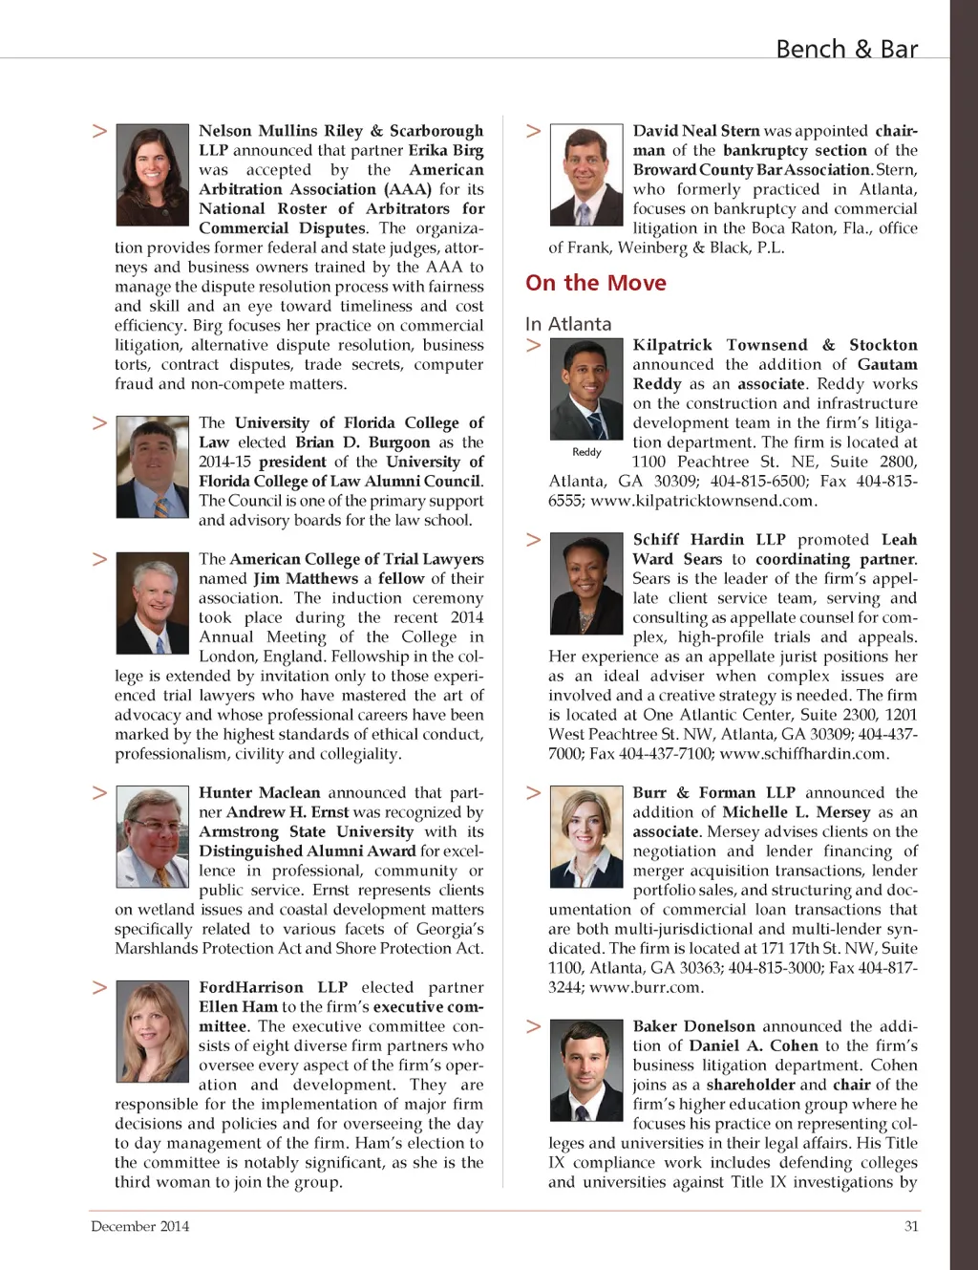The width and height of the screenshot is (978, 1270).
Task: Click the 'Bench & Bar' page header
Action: point(846,49)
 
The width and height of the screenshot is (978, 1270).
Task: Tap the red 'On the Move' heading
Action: point(596,283)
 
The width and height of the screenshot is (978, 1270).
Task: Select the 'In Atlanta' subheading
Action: point(568,324)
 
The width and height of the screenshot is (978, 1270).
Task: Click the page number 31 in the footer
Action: point(911,1226)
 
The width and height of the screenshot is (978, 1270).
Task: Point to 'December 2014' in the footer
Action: point(139,1226)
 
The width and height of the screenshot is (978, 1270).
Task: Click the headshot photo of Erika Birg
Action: point(153,175)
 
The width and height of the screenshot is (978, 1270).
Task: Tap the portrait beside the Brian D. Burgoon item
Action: point(153,466)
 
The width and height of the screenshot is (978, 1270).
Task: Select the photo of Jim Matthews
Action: point(153,603)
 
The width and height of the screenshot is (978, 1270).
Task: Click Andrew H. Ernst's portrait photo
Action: point(153,837)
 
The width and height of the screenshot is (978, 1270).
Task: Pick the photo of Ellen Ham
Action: point(153,1031)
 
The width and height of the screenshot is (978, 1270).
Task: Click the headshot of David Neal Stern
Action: point(587,175)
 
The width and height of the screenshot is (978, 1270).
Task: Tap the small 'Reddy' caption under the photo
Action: point(586,452)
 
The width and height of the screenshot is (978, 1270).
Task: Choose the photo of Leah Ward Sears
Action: point(587,584)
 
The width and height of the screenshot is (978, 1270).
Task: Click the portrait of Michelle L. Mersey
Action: point(587,837)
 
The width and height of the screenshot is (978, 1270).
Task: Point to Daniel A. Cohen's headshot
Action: point(587,1070)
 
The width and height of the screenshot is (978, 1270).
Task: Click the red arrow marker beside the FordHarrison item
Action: point(99,987)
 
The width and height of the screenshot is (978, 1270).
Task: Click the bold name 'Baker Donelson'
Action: point(693,1026)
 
